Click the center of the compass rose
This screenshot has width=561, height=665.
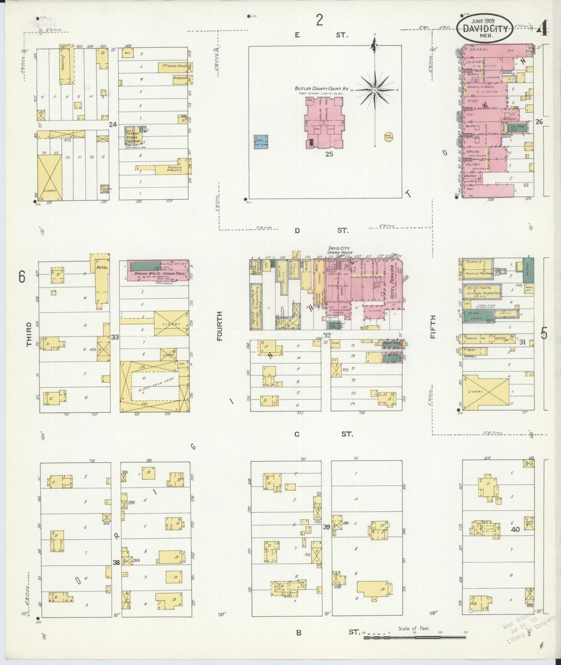[375, 90]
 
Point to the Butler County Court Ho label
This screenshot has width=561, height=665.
[321, 88]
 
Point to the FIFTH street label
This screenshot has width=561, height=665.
[433, 327]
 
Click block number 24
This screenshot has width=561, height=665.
[113, 125]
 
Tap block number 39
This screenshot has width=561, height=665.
[327, 526]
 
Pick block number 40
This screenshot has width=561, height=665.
[515, 530]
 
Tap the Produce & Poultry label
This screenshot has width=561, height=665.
[172, 169]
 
